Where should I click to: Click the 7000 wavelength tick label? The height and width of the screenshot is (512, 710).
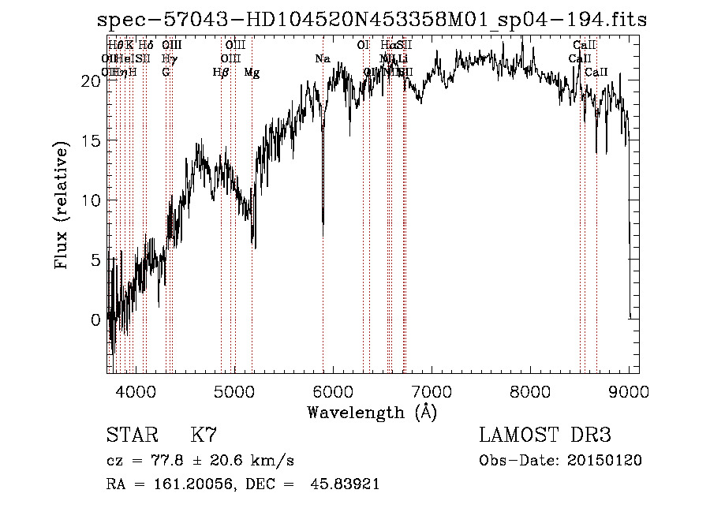(x=432, y=391)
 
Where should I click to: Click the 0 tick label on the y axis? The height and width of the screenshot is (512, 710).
(x=95, y=320)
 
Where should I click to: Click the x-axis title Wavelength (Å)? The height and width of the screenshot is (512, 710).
(x=372, y=412)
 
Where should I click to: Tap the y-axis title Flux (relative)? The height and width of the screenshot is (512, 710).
(x=62, y=204)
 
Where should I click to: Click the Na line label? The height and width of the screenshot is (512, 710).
(x=323, y=59)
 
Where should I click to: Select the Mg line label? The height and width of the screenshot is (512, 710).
(x=252, y=73)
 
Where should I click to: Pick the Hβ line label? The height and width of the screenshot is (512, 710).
(x=221, y=73)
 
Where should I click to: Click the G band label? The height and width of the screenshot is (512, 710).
(x=166, y=73)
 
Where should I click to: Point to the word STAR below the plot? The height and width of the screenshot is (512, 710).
(x=131, y=435)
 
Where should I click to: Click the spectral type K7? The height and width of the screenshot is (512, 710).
(x=204, y=435)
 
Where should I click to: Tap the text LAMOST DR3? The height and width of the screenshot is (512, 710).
(x=545, y=435)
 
